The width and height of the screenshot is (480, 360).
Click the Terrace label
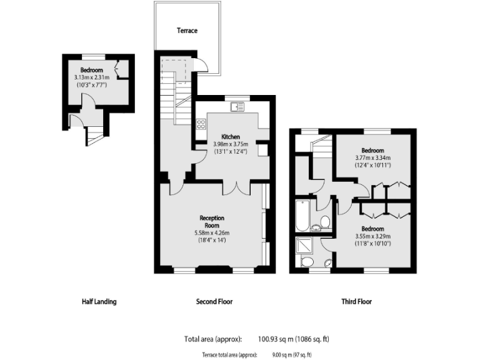pyautogui.click(x=187, y=30)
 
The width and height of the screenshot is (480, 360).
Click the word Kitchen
pyautogui.click(x=231, y=137)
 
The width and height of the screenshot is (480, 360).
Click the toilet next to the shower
pyautogui.click(x=307, y=262)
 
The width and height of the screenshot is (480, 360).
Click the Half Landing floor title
pyautogui.click(x=99, y=302)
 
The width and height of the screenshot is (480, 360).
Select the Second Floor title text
pyautogui.click(x=214, y=302)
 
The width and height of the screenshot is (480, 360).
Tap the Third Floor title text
pyautogui.click(x=356, y=302)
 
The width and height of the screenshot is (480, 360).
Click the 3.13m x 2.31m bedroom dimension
pyautogui.click(x=91, y=77)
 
